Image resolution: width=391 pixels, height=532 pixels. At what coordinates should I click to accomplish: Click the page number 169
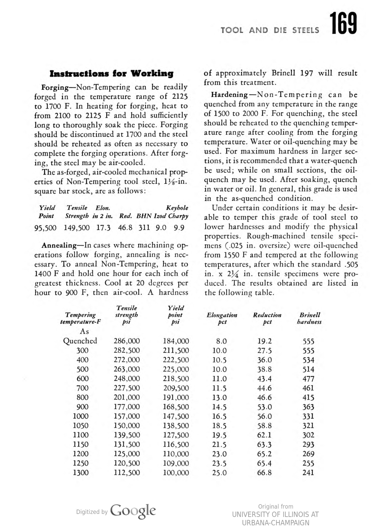tap(343, 24)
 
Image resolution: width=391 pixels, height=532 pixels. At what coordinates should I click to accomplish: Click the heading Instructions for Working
tap(111, 73)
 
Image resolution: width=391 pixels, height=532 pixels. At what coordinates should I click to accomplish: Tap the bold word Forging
tap(55, 87)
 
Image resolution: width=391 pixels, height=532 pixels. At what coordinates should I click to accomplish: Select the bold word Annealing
tap(59, 245)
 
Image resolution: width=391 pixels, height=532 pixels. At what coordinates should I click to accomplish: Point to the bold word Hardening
tap(229, 95)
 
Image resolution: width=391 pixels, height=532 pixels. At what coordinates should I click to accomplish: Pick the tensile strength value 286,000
tap(127, 341)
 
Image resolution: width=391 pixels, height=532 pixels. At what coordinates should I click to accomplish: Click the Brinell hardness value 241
tap(308, 473)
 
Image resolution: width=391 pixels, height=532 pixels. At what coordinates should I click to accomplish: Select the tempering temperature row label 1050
tap(81, 426)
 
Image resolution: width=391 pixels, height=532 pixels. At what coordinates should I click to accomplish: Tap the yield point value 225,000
tap(176, 369)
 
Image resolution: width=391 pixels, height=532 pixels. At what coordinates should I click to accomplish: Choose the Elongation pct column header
tap(222, 318)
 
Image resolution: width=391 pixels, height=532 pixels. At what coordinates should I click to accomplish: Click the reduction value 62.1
tap(264, 435)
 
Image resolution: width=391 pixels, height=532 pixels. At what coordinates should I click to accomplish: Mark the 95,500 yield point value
tap(45, 228)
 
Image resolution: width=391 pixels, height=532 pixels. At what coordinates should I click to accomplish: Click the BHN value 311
tap(144, 228)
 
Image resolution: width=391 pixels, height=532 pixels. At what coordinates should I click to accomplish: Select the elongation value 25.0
tap(219, 473)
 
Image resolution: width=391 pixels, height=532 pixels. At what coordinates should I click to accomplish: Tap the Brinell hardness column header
tap(309, 318)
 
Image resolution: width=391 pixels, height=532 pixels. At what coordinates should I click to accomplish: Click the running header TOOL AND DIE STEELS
tap(270, 30)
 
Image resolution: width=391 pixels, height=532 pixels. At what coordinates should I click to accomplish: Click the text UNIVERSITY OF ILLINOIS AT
tap(275, 515)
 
